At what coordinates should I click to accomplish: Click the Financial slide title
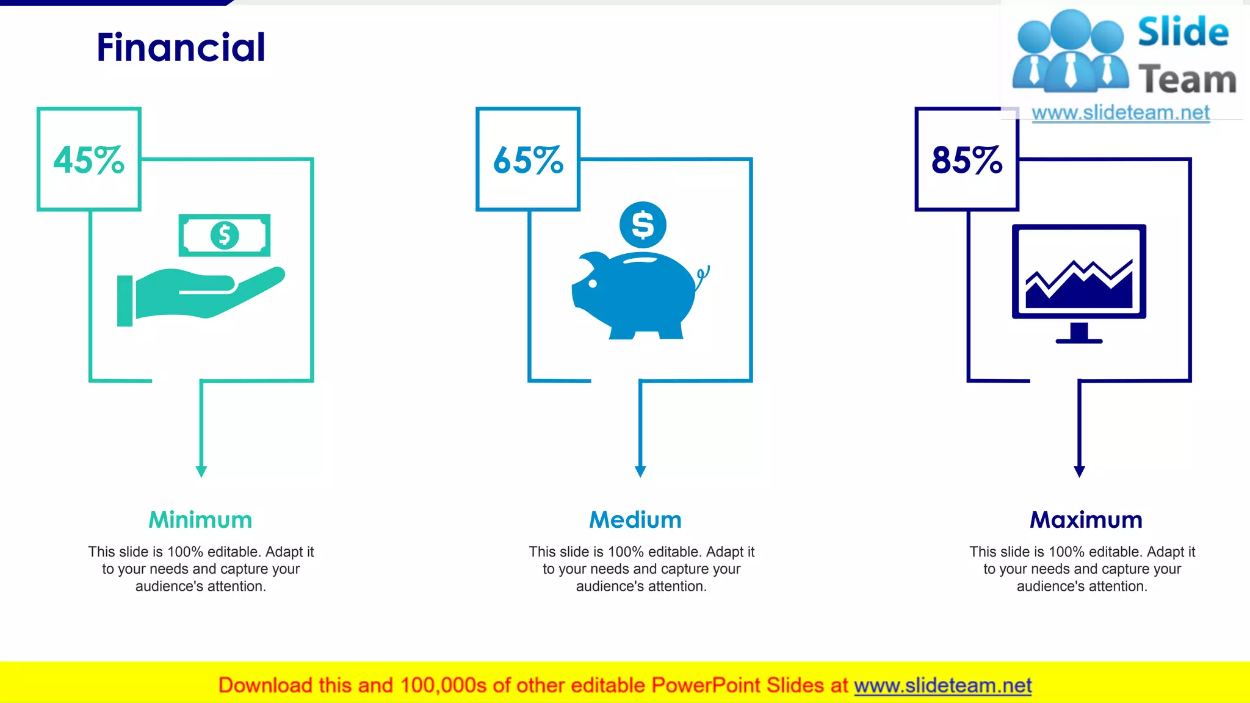(x=181, y=48)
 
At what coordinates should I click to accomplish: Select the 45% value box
(x=89, y=159)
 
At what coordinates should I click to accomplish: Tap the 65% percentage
(x=528, y=160)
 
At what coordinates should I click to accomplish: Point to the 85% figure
(x=967, y=160)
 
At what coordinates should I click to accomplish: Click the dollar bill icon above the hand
(x=225, y=235)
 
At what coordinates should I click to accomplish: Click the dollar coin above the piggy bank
(x=643, y=225)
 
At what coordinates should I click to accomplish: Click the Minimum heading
(x=200, y=520)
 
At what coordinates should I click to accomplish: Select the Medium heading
(x=635, y=520)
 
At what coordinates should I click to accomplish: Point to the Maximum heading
(x=1086, y=520)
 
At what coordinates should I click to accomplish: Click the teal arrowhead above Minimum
(x=201, y=471)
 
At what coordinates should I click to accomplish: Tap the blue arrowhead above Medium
(x=640, y=471)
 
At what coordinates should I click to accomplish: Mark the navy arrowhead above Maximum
(x=1079, y=471)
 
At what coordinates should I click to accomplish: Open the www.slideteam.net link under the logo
(x=1121, y=113)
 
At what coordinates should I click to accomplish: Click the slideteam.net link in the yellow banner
(x=942, y=685)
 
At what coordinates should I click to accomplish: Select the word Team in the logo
(x=1187, y=80)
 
